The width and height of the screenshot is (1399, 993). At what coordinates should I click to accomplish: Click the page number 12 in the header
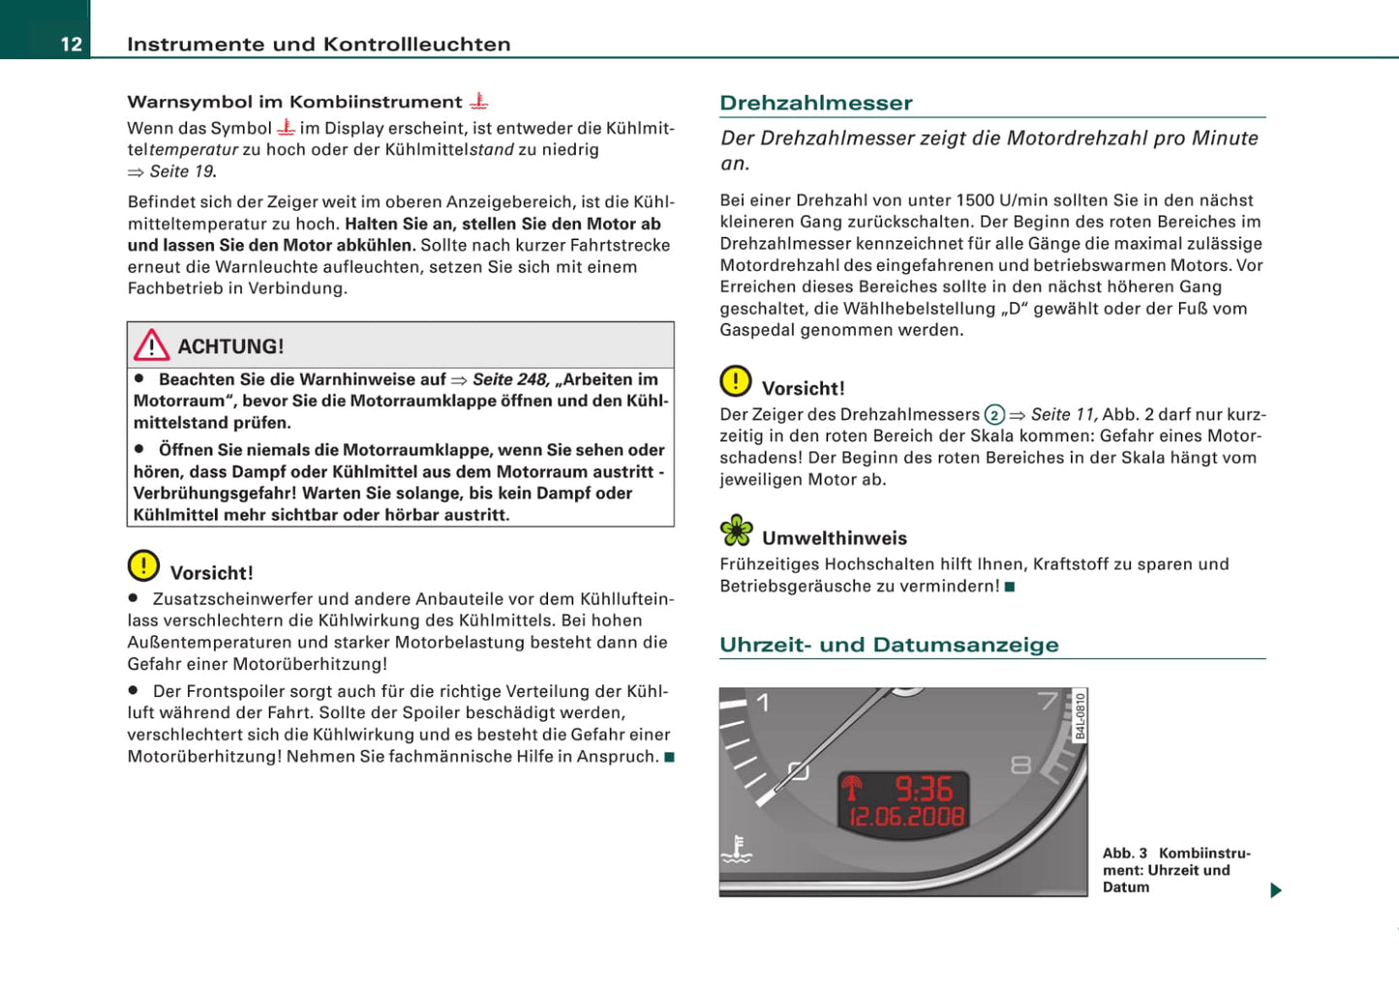pyautogui.click(x=72, y=44)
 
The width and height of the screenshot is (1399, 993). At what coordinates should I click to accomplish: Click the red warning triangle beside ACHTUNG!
pyautogui.click(x=152, y=346)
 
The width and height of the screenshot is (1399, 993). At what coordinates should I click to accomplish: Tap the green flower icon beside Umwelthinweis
pyautogui.click(x=736, y=530)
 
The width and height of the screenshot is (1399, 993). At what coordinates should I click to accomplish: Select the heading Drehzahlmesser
pyautogui.click(x=816, y=103)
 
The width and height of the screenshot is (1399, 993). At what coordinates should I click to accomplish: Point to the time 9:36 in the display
pyautogui.click(x=923, y=789)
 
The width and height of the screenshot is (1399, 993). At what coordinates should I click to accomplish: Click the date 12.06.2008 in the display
pyautogui.click(x=906, y=817)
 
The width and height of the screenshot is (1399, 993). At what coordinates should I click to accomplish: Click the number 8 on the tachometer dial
pyautogui.click(x=1020, y=766)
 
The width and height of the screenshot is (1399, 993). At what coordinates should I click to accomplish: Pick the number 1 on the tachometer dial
pyautogui.click(x=763, y=703)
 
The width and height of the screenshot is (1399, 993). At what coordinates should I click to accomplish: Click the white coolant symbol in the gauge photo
pyautogui.click(x=737, y=850)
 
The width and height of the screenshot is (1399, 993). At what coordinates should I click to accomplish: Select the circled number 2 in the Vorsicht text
pyautogui.click(x=994, y=415)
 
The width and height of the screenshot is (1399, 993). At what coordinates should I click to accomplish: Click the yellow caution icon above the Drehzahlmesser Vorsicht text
pyautogui.click(x=736, y=381)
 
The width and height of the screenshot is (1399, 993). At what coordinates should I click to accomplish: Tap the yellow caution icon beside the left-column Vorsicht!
pyautogui.click(x=143, y=565)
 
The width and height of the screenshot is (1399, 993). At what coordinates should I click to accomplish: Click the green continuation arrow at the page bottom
pyautogui.click(x=1276, y=890)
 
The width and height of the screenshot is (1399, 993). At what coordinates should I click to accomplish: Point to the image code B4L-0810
pyautogui.click(x=1080, y=716)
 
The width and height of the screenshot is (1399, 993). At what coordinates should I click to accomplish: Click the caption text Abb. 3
pyautogui.click(x=1125, y=854)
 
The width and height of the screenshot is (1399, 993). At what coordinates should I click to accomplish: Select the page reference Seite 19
pyautogui.click(x=182, y=171)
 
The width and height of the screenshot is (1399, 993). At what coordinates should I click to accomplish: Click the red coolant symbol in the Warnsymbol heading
pyautogui.click(x=478, y=101)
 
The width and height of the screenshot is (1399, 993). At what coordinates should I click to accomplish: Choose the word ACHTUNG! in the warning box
pyautogui.click(x=230, y=346)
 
